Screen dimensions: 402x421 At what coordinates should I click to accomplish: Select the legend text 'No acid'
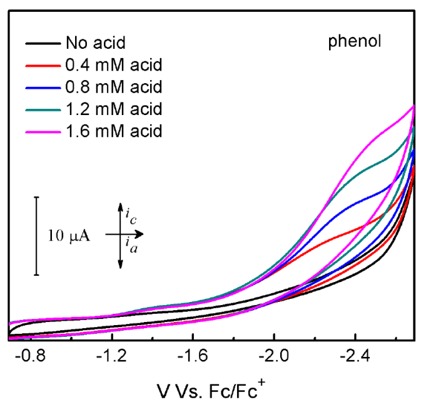(95, 44)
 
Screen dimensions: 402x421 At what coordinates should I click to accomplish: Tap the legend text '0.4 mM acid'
(113, 65)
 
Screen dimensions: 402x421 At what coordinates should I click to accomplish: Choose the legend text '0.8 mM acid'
(113, 87)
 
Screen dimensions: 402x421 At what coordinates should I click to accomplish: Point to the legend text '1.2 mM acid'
(113, 109)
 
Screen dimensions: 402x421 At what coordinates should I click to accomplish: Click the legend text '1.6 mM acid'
(113, 131)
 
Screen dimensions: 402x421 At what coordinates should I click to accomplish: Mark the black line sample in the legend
(43, 44)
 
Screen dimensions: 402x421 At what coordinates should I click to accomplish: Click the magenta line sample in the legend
(43, 131)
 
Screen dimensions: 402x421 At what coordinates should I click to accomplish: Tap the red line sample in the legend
(43, 65)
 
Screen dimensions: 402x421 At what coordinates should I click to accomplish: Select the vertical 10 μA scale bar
(37, 236)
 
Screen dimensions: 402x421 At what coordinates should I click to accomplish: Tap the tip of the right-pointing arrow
(145, 235)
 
